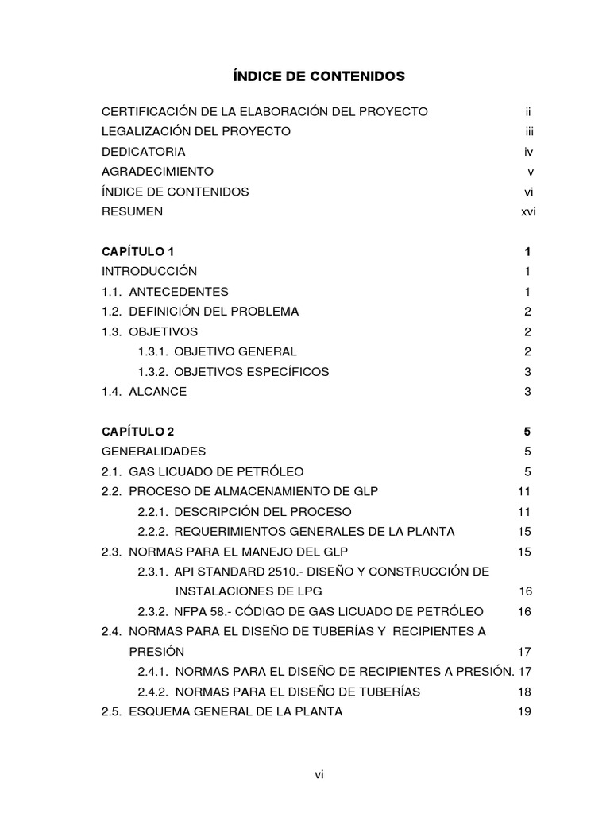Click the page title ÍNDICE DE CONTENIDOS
pos(319,76)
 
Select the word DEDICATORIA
pos(144,151)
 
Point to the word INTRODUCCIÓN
pos(149,271)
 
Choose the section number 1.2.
pos(112,312)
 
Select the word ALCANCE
pos(157,391)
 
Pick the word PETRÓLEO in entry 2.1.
pos(264,471)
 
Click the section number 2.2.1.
pos(152,511)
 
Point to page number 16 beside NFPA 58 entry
pos(524,611)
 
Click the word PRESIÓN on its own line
pos(156,651)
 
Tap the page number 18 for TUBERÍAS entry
pos(524,692)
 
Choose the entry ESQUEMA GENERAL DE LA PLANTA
pos(235,711)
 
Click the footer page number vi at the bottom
pos(319,775)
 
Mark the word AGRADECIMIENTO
pos(157,171)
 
